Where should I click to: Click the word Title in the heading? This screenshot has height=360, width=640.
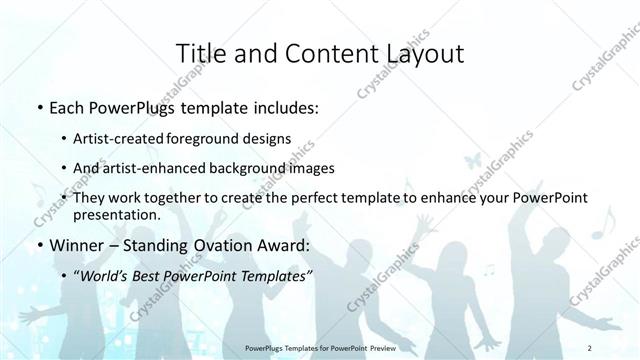pyautogui.click(x=202, y=53)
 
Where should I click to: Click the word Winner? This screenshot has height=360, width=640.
pyautogui.click(x=78, y=244)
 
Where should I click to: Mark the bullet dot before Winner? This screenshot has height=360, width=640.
pyautogui.click(x=38, y=245)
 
